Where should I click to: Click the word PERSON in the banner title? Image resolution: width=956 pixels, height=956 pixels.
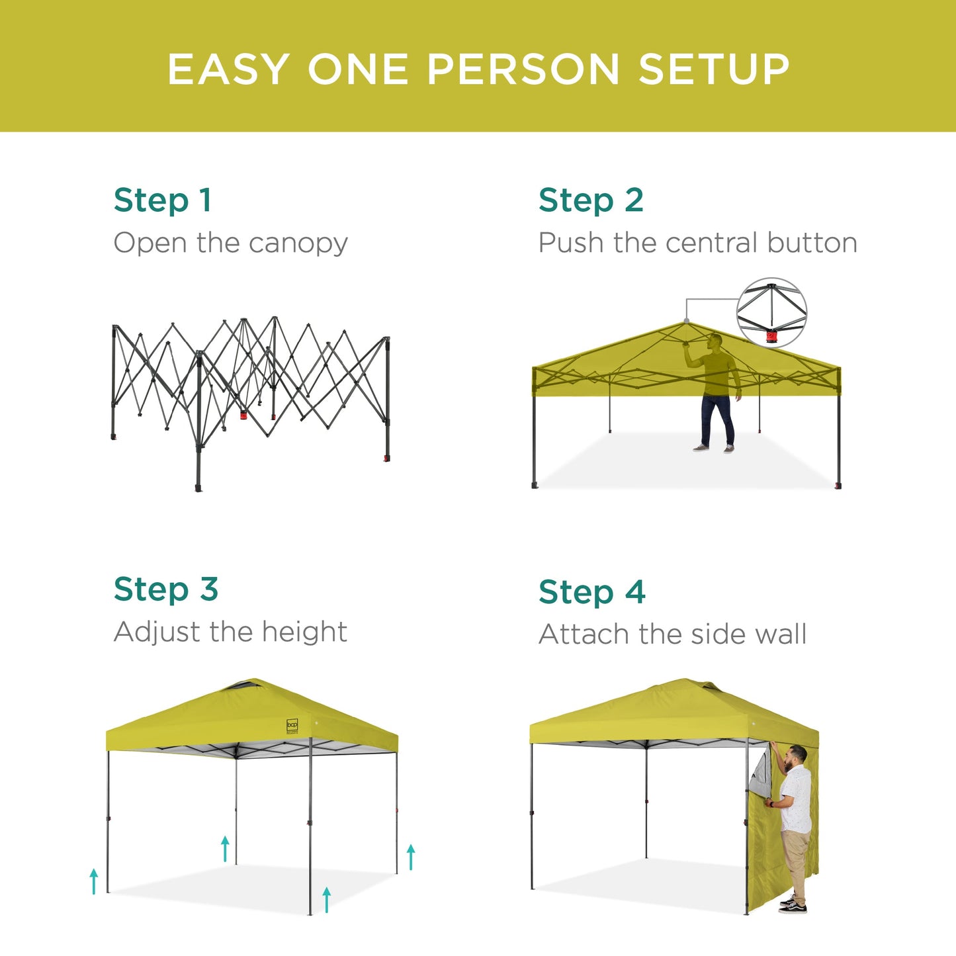click(523, 69)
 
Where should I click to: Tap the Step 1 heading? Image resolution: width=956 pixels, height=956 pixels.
click(163, 200)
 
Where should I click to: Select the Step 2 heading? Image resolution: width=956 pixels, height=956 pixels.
click(591, 200)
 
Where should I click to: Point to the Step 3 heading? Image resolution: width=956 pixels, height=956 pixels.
click(165, 589)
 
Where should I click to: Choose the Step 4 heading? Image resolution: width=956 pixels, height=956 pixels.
click(591, 592)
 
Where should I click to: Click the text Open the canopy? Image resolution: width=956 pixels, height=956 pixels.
click(230, 243)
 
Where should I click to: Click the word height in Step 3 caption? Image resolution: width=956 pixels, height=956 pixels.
click(304, 632)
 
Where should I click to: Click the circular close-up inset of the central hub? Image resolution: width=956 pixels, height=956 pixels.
click(771, 312)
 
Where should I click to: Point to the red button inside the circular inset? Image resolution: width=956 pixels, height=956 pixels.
click(771, 337)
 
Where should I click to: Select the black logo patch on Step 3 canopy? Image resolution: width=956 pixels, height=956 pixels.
click(292, 726)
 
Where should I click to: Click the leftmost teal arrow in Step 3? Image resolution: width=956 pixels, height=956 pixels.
click(94, 881)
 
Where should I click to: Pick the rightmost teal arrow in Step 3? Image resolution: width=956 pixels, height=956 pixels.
click(411, 857)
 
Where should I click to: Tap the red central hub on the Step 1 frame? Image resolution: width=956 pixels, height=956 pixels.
click(243, 415)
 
